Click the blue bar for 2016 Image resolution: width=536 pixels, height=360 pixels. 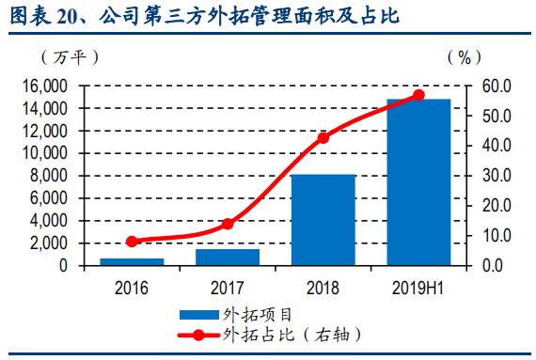[x=132, y=261]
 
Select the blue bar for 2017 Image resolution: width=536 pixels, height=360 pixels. [x=227, y=257]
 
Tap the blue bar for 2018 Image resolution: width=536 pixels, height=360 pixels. [x=323, y=220]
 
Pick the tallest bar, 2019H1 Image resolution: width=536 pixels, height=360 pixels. [x=418, y=181]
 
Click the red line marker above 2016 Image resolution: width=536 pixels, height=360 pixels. [x=132, y=242]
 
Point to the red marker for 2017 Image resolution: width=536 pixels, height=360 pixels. [x=227, y=224]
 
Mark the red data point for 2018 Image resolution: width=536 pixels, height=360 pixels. [x=323, y=137]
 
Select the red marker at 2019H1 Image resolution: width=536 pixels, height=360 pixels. [x=418, y=95]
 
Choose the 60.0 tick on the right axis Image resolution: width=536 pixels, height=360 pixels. [x=497, y=86]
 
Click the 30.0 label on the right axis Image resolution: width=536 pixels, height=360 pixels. [x=497, y=176]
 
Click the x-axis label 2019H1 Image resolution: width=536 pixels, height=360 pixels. [x=418, y=287]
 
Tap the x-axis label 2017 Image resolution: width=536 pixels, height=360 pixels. [x=227, y=287]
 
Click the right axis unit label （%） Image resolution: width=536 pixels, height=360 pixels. [x=467, y=57]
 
